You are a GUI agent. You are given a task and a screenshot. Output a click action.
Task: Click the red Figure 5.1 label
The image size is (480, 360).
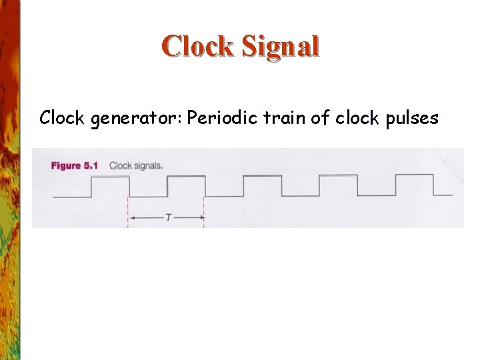(76, 166)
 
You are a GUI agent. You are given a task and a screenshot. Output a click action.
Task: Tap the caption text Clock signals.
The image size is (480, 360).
(136, 166)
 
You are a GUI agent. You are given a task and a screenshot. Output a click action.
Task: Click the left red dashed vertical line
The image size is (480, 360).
(127, 212)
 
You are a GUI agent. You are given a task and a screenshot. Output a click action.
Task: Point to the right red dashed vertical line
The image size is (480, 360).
(203, 212)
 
